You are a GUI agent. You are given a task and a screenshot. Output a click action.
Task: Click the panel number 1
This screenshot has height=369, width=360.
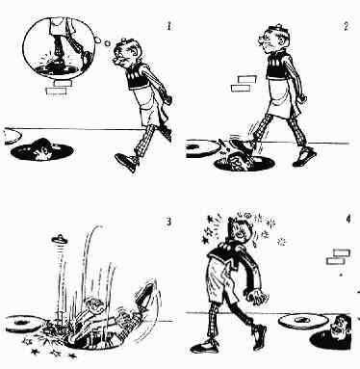point(169,26)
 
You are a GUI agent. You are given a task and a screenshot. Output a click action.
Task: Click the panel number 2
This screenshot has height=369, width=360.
point(346,26)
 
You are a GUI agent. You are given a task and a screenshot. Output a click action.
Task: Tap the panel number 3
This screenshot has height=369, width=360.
point(168,222)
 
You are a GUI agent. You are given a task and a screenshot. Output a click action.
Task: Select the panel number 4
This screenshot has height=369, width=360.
point(348,220)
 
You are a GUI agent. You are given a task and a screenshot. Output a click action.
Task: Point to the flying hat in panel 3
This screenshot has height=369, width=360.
point(60,239)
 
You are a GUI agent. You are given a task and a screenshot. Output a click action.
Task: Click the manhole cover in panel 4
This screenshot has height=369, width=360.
point(303,320)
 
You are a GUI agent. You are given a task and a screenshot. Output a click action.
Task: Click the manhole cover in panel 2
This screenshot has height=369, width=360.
point(201,148)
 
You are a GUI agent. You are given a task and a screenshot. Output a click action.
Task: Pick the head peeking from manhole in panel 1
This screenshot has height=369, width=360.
point(42,149)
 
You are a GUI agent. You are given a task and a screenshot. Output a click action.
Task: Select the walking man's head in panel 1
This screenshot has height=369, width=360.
point(125,54)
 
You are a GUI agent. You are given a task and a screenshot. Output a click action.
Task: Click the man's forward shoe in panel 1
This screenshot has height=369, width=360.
point(126,162)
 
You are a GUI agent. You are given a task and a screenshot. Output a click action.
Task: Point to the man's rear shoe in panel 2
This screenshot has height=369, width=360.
point(304,157)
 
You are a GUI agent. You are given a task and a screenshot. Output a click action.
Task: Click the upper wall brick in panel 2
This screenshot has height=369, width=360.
point(247,79)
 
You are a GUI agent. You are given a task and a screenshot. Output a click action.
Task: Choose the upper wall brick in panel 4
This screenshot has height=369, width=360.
point(342,252)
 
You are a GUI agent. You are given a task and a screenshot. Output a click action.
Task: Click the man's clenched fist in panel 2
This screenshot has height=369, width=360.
point(301,98)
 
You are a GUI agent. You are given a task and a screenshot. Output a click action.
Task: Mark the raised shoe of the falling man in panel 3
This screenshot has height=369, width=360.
point(145,294)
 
